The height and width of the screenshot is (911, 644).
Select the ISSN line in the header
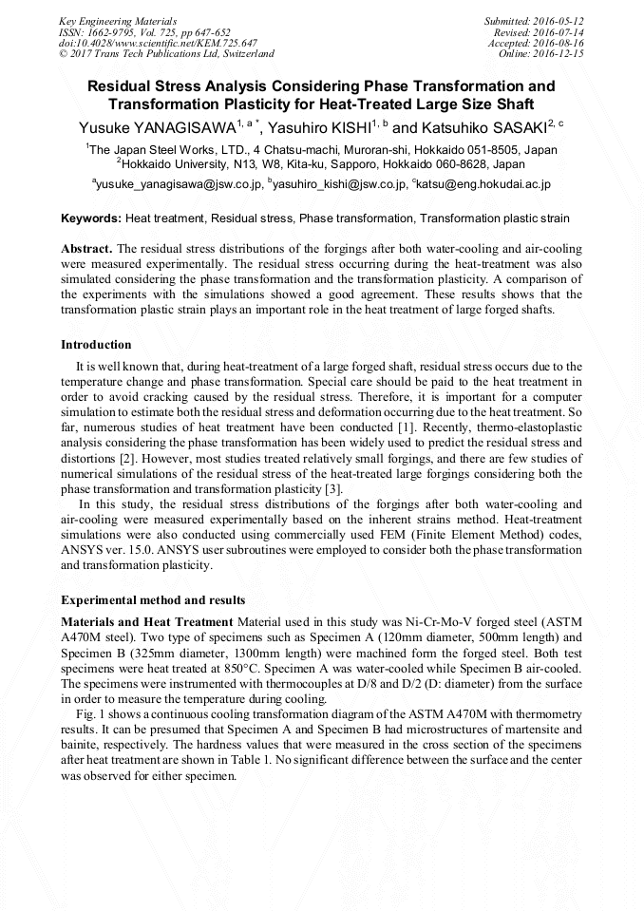click(x=144, y=31)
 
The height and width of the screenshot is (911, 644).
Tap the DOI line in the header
click(x=158, y=43)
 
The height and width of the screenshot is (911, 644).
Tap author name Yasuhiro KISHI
click(x=313, y=127)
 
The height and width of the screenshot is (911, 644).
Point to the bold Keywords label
click(x=91, y=218)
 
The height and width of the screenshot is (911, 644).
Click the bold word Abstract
click(x=86, y=248)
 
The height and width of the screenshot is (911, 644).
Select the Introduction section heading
click(x=96, y=344)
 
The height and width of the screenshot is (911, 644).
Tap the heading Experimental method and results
click(x=153, y=600)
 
